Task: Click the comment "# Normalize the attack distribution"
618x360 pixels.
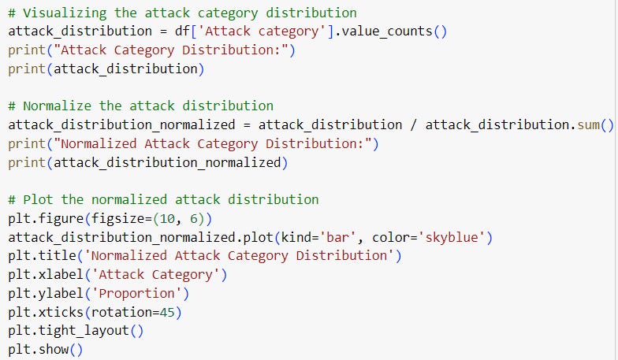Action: pyautogui.click(x=140, y=106)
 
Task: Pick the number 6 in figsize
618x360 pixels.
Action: pyautogui.click(x=189, y=218)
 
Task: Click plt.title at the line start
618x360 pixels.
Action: pyautogui.click(x=37, y=255)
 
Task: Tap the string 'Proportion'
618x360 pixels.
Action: pyautogui.click(x=140, y=293)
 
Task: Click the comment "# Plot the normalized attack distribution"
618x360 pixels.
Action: pyautogui.click(x=163, y=199)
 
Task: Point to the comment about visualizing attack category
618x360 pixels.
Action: pyautogui.click(x=182, y=13)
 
